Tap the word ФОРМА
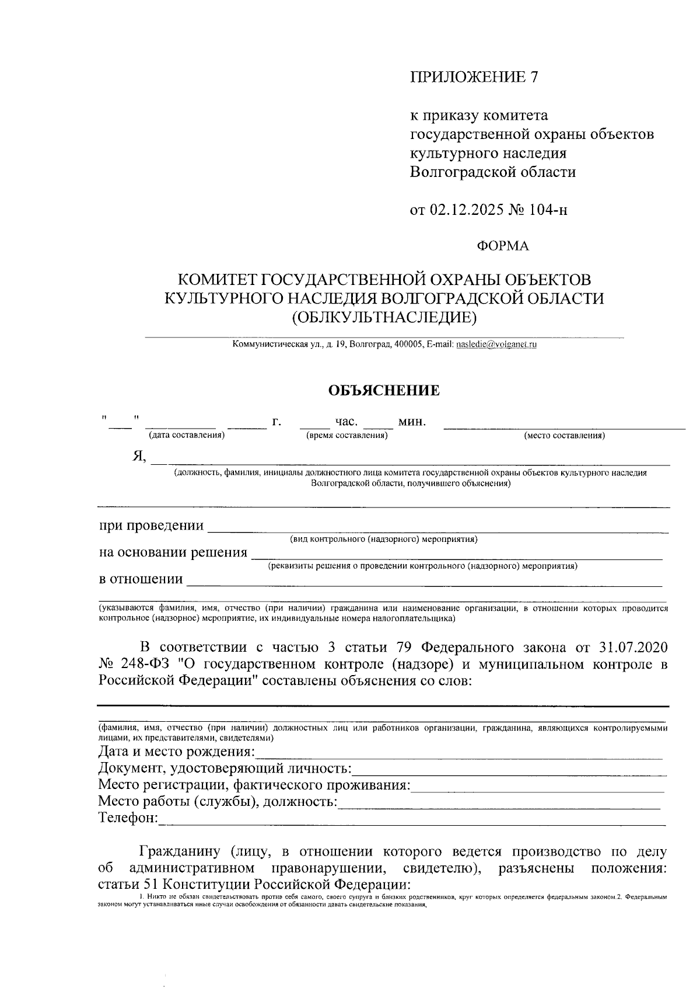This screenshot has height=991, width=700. [x=503, y=246]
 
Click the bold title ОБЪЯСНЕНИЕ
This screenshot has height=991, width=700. [x=384, y=391]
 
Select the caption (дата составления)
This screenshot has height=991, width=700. [x=186, y=435]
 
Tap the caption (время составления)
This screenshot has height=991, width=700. [x=346, y=435]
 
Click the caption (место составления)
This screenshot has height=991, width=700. [x=564, y=436]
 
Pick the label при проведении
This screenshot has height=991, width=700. [x=152, y=526]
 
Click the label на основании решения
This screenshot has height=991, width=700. [x=173, y=552]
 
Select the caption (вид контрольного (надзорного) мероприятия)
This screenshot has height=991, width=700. [x=384, y=540]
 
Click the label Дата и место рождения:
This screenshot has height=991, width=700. [x=177, y=752]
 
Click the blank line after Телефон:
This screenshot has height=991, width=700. [x=411, y=820]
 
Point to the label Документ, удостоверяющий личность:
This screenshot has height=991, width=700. [x=225, y=768]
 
